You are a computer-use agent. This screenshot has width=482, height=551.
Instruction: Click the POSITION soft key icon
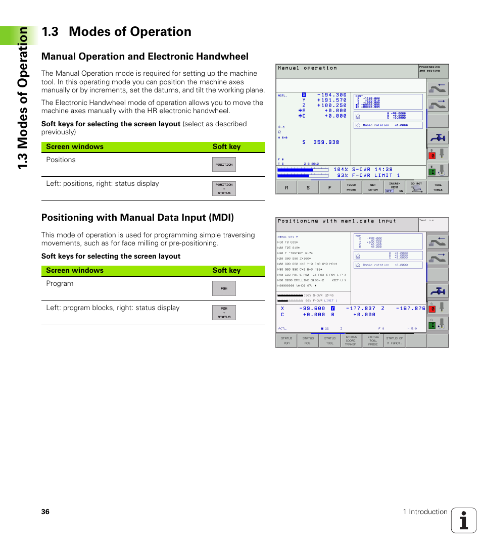pyautogui.click(x=224, y=165)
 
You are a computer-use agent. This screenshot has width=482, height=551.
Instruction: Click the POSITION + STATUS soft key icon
pyautogui.click(x=224, y=189)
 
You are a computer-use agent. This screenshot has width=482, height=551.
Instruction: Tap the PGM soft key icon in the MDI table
pyautogui.click(x=224, y=288)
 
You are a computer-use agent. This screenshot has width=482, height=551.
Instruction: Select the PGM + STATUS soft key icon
pyautogui.click(x=224, y=313)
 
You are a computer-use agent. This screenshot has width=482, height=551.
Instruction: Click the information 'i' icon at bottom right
pyautogui.click(x=463, y=520)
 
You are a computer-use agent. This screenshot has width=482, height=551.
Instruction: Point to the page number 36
pyautogui.click(x=45, y=512)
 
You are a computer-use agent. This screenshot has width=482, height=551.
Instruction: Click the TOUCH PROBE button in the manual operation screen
pyautogui.click(x=351, y=187)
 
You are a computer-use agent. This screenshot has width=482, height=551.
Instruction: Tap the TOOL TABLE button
pyautogui.click(x=438, y=187)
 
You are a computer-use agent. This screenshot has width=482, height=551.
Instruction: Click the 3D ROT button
pyautogui.click(x=416, y=187)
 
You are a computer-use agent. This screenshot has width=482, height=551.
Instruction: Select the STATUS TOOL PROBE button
pyautogui.click(x=373, y=340)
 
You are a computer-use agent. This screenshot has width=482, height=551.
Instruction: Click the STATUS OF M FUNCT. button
pyautogui.click(x=395, y=340)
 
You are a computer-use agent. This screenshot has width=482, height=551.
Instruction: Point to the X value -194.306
pyautogui.click(x=332, y=95)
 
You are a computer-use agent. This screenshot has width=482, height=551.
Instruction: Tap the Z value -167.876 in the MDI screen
pyautogui.click(x=410, y=308)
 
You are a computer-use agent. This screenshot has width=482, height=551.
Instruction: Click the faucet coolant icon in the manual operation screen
pyautogui.click(x=438, y=137)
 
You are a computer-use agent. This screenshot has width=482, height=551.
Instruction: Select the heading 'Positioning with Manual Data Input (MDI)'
pyautogui.click(x=137, y=218)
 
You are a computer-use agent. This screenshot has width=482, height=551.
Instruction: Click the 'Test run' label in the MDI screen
pyautogui.click(x=427, y=221)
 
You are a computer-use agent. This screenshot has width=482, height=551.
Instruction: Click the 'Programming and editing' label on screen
pyautogui.click(x=429, y=69)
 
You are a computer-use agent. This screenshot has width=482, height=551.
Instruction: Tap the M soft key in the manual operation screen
pyautogui.click(x=286, y=187)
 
